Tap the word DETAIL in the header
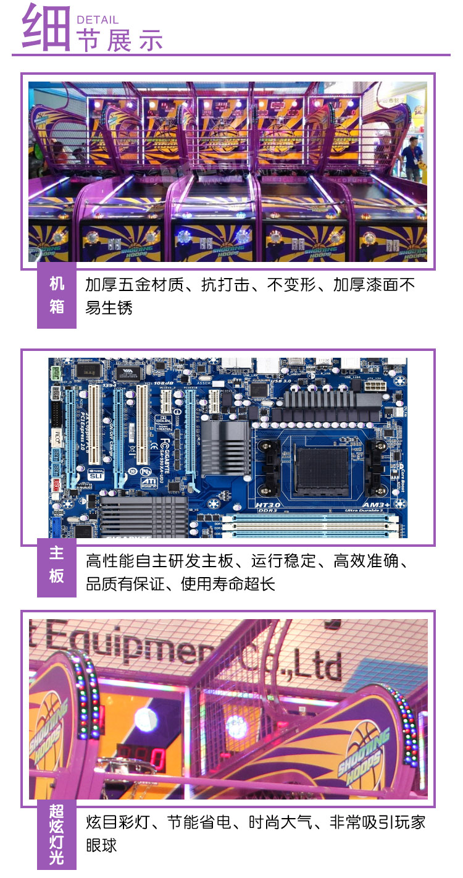coord(98,20)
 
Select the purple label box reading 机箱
coord(57,295)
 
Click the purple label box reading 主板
coord(57,564)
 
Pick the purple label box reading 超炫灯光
coord(57,834)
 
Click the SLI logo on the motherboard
coord(94,476)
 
